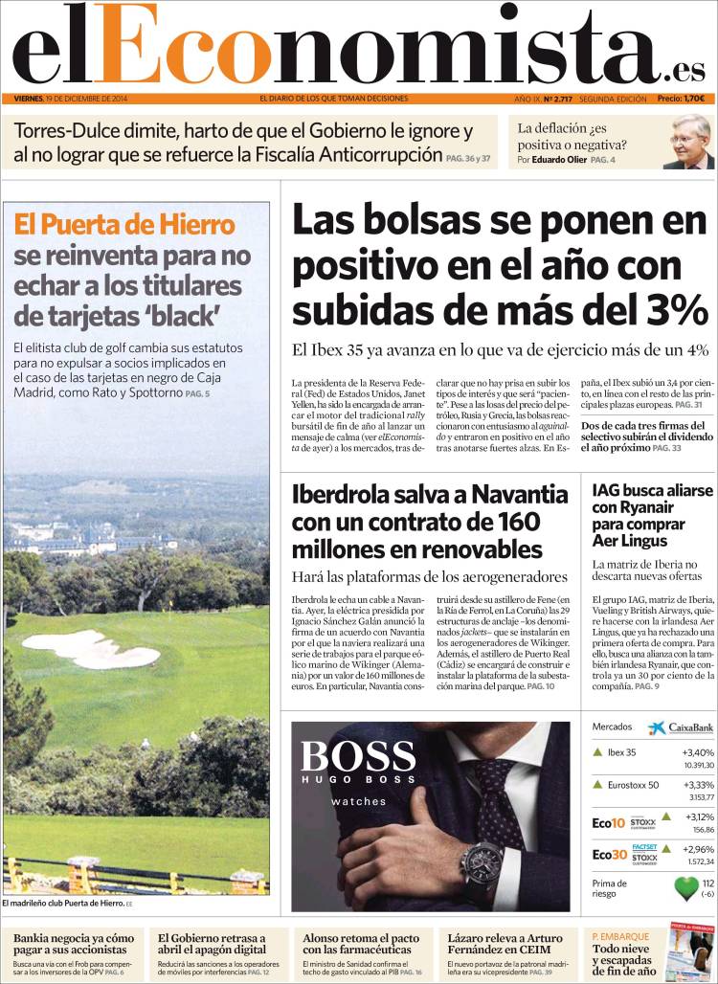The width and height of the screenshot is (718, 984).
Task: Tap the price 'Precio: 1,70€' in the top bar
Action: click(681, 99)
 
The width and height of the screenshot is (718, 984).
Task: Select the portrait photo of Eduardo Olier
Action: click(688, 143)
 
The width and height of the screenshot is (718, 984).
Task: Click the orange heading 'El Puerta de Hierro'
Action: click(124, 225)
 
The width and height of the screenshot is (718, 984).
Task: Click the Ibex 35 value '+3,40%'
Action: click(699, 752)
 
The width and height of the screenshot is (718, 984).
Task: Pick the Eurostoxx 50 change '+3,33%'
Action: click(699, 785)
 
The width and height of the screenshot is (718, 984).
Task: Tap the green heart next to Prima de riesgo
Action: click(686, 888)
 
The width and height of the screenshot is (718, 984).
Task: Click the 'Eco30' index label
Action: click(609, 854)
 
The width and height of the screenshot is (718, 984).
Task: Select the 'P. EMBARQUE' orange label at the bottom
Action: click(620, 936)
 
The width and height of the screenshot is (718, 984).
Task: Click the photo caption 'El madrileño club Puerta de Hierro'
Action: click(63, 903)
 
